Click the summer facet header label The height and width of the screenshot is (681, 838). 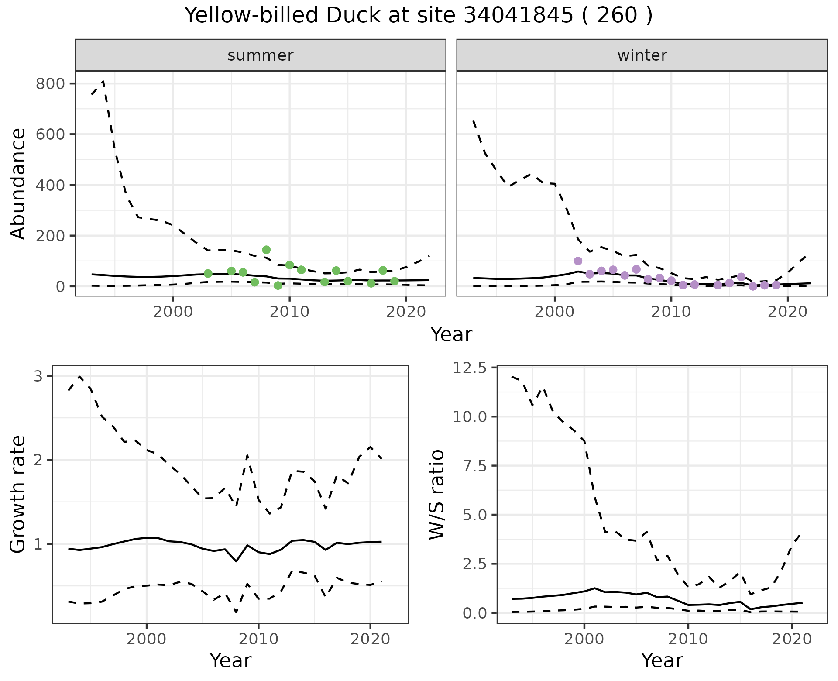[260, 55]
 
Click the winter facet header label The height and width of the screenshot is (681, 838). [642, 55]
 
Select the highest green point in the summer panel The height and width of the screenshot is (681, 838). [266, 250]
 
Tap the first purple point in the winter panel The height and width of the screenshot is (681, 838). [578, 261]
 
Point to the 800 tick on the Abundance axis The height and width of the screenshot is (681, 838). [49, 83]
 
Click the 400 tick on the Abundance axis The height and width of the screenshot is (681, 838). [49, 185]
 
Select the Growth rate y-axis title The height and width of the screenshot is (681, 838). [18, 494]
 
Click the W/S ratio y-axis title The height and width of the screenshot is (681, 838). [436, 494]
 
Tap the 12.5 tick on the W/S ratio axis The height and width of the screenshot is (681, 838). [469, 368]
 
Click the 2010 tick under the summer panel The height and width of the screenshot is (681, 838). [289, 312]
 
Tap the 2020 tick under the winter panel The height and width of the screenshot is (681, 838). [787, 312]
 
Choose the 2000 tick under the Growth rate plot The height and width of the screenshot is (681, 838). [147, 640]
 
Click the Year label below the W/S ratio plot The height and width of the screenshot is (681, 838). [662, 660]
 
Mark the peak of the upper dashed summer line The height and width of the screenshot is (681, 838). [103, 81]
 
